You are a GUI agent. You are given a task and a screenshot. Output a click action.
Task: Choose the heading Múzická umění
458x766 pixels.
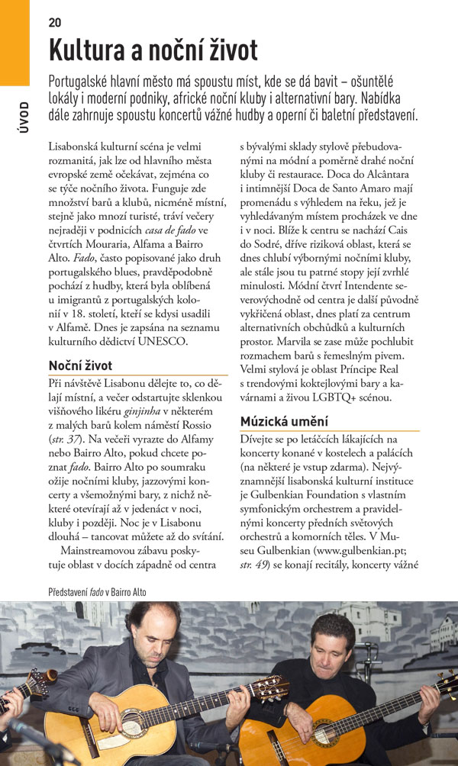[284, 421]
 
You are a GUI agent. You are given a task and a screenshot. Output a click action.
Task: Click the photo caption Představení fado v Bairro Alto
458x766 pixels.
[96, 592]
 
